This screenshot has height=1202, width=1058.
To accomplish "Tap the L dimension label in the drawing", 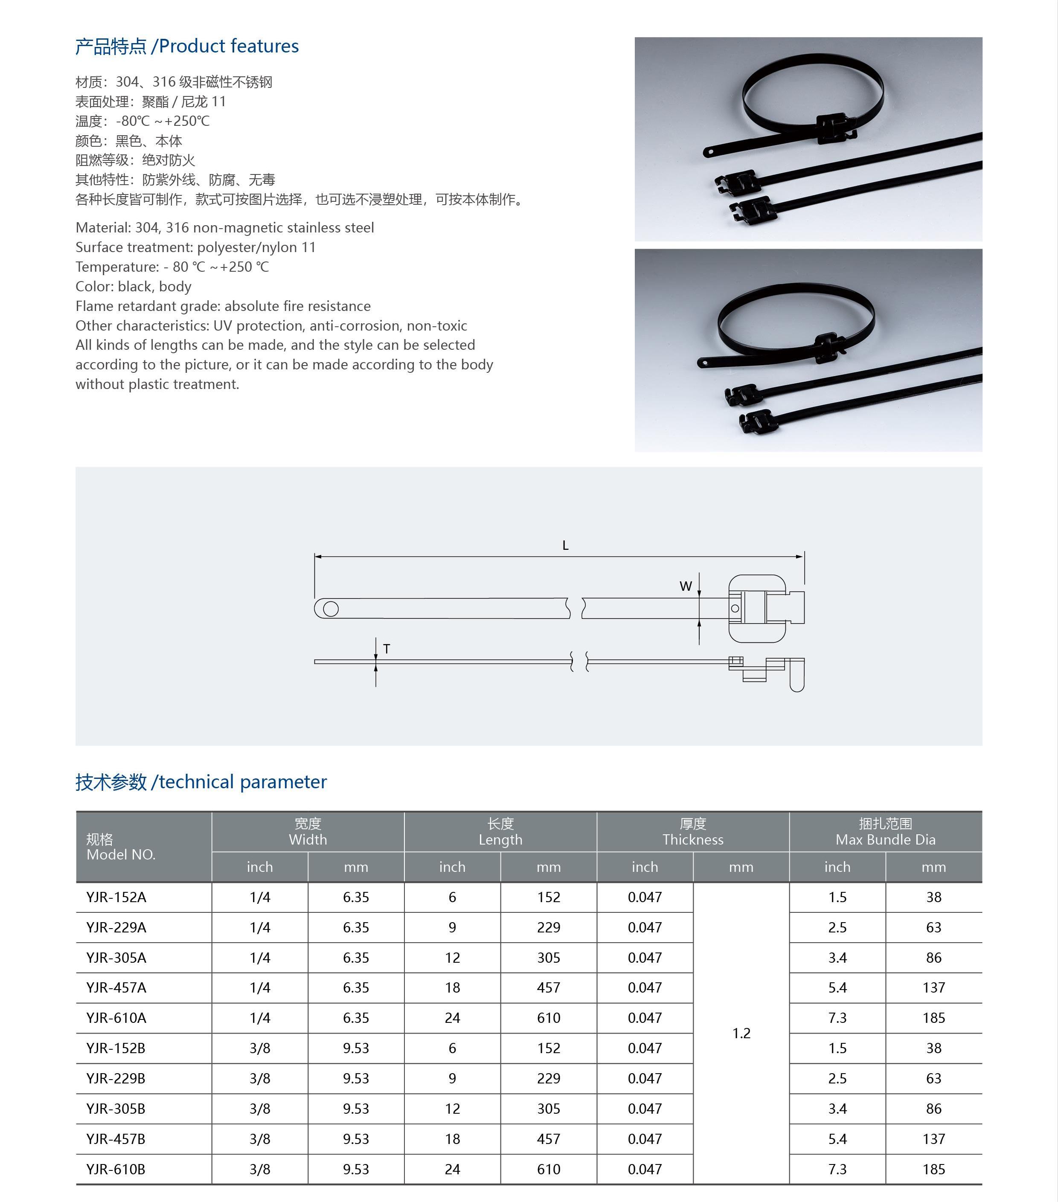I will tap(565, 545).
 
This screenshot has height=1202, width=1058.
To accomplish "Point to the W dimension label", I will tap(686, 586).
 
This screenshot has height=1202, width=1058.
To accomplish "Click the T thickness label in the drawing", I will tap(387, 649).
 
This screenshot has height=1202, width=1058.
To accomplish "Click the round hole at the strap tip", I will tap(331, 609).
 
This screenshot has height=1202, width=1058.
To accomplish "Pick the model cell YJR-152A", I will tap(116, 897).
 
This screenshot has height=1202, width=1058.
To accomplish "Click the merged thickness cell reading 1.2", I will tap(741, 1033).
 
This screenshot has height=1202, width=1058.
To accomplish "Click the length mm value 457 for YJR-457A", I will tap(548, 987).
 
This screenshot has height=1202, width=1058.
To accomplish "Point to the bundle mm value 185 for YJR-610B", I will tap(933, 1169).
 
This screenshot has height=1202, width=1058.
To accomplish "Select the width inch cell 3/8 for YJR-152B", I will tap(259, 1048).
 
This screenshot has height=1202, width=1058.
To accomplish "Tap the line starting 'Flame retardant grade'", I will tap(223, 306).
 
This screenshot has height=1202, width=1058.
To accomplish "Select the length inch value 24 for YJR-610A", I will tap(452, 1018).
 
